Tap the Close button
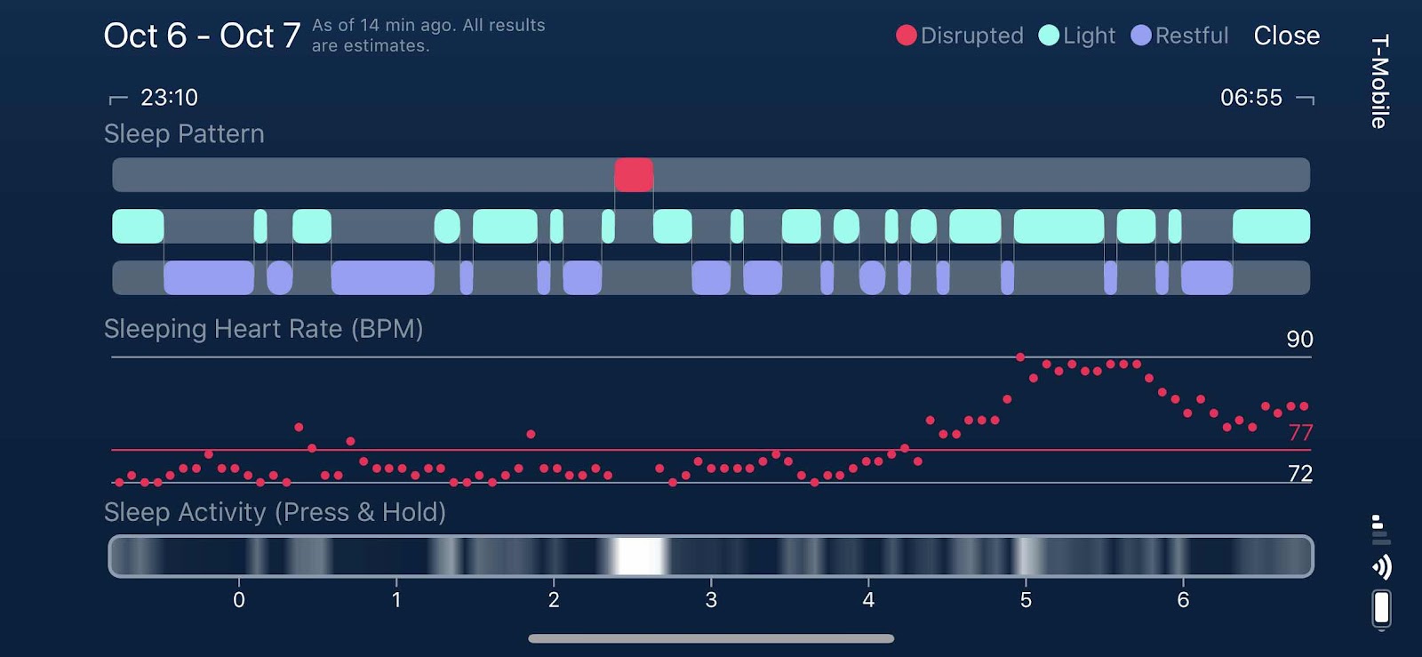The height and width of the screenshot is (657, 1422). pos(1286,36)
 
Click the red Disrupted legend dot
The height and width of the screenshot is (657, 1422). pos(906,36)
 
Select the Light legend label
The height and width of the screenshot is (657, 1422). pos(1089,36)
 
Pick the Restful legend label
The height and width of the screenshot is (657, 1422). pos(1191,36)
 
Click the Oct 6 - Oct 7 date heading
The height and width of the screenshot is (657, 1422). pos(202,36)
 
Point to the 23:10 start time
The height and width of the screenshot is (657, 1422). pos(169,97)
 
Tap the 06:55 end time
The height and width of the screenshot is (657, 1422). pos(1250,97)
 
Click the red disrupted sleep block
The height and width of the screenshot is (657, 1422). pos(634,175)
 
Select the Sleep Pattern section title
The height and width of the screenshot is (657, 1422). pos(184,133)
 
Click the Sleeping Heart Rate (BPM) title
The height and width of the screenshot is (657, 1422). pos(263,329)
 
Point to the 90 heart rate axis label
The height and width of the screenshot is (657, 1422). pos(1299,339)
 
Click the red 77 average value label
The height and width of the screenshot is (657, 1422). pos(1300,433)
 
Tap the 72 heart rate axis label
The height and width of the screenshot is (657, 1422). pos(1300,473)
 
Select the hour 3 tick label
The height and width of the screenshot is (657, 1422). pos(711,600)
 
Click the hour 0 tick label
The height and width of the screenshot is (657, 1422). pos(239,600)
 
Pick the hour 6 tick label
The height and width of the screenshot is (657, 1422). pos(1183,600)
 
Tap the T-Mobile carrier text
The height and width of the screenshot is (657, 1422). pos(1379,81)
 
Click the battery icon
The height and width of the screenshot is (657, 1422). pos(1381,609)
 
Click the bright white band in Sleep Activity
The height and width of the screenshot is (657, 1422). pos(640,557)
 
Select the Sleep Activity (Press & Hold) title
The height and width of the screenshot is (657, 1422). pos(275,512)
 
